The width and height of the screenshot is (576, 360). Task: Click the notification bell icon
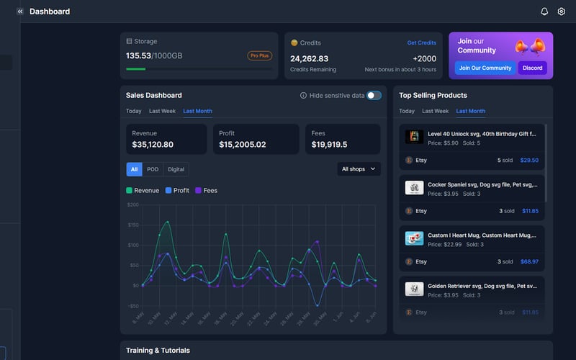(x=544, y=12)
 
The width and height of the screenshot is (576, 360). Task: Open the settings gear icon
(x=562, y=12)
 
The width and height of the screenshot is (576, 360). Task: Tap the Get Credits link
(x=421, y=43)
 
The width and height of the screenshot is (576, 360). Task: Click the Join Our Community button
(x=485, y=68)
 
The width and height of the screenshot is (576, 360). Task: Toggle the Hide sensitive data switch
(x=374, y=95)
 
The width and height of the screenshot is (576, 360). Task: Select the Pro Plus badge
(x=260, y=55)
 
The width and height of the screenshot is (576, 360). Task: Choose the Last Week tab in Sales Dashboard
(x=162, y=111)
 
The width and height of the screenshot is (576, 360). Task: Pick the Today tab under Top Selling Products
(x=407, y=111)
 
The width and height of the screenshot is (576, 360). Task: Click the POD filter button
(x=153, y=169)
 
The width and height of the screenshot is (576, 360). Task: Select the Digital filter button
(x=176, y=169)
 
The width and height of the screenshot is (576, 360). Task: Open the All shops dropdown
(x=359, y=169)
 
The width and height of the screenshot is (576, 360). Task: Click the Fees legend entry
(x=206, y=191)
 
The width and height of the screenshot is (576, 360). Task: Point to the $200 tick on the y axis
(x=132, y=204)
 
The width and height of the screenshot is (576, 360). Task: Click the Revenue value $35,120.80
(x=153, y=145)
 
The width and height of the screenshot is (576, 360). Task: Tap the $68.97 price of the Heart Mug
(x=529, y=261)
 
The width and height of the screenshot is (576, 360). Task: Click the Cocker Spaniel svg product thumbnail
(x=414, y=187)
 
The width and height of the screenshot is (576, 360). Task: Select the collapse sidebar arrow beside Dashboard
(x=20, y=12)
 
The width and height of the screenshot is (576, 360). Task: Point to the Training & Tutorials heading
(x=158, y=351)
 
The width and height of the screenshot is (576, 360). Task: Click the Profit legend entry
(x=177, y=191)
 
